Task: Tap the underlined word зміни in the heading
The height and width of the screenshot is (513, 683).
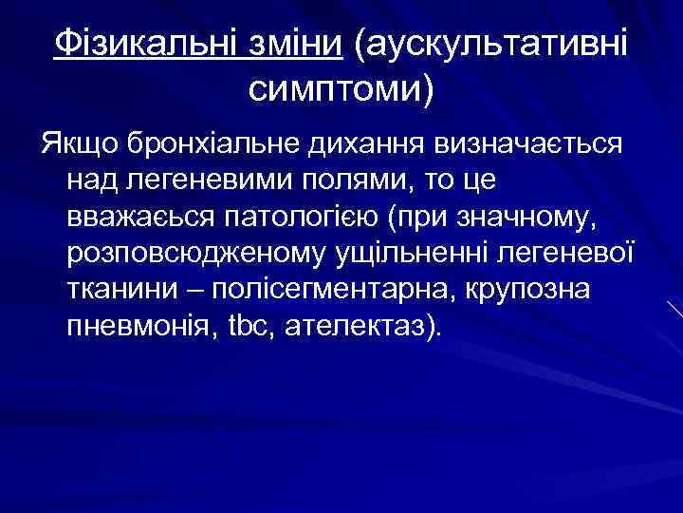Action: coord(300,44)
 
